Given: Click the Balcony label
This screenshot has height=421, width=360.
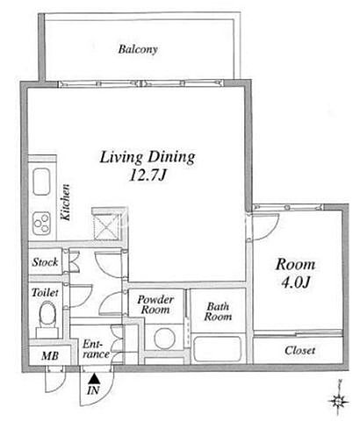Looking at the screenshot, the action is click(x=138, y=49).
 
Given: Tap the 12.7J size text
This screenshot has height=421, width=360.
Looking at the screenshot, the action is click(x=148, y=175).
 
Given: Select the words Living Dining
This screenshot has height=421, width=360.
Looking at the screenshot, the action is click(x=148, y=157).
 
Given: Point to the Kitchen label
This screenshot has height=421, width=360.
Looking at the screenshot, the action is click(x=65, y=202).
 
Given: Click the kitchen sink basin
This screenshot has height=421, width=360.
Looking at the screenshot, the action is click(x=42, y=182).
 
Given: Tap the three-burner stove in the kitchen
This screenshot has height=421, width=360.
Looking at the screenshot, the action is click(x=41, y=223).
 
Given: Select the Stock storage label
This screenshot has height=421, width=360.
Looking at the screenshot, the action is click(x=45, y=262).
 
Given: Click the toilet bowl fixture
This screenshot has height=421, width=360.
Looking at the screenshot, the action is click(x=47, y=316).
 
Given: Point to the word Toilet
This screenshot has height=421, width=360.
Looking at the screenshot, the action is click(x=45, y=292).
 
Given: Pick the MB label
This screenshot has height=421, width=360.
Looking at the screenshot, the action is click(x=50, y=356).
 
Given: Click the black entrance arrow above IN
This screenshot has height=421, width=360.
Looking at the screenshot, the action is click(x=94, y=379).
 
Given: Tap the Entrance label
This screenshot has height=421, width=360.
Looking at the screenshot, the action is click(x=96, y=349).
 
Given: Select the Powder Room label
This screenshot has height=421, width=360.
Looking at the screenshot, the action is click(x=155, y=304).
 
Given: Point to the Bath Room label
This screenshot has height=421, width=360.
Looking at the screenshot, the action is click(x=218, y=311).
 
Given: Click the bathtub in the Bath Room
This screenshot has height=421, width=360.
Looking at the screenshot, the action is click(x=218, y=350).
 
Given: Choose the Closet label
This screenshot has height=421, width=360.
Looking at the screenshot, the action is click(x=300, y=350).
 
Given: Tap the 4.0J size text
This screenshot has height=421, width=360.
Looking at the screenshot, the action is click(x=295, y=282).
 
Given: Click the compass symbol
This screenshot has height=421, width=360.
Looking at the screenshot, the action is click(x=338, y=400).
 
